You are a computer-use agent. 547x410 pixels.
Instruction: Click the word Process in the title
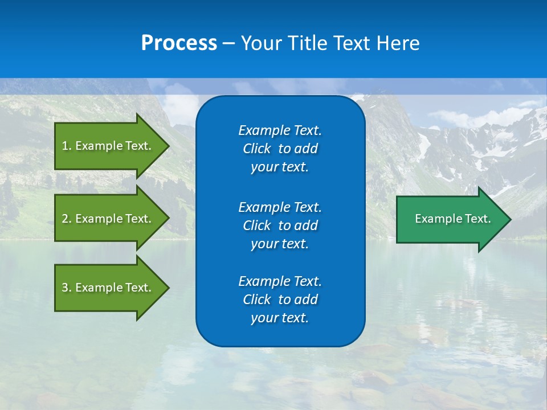coord(179,43)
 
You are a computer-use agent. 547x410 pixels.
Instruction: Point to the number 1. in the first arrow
coord(66,146)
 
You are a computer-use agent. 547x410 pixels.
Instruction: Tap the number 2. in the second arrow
coord(66,219)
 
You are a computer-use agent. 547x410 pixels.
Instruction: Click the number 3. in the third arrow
coord(66,288)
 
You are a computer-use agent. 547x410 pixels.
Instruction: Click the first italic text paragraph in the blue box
coord(280,149)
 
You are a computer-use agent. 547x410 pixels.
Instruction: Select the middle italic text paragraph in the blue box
coord(280,225)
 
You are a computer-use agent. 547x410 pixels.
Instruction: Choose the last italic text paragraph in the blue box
coord(280,300)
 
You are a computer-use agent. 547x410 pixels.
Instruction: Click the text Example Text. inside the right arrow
coord(453,219)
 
